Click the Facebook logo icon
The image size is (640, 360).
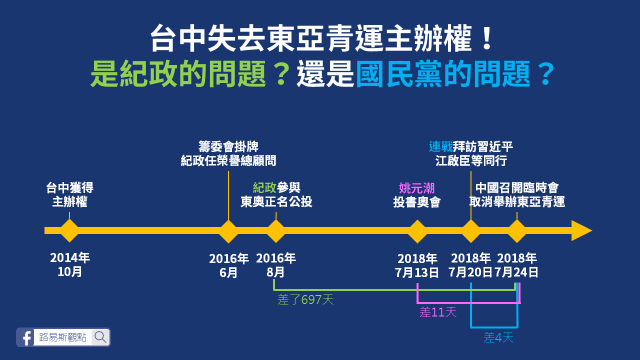point(25,337)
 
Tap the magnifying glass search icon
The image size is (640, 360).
point(100,337)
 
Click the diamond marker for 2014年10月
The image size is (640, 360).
point(69,230)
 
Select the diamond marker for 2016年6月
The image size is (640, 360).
point(228,230)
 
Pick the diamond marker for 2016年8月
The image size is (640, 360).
point(276,230)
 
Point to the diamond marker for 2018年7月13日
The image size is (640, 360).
point(417,230)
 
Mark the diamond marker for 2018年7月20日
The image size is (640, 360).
point(471,230)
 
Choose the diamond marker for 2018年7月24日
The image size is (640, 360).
point(517,230)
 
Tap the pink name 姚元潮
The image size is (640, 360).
point(417,188)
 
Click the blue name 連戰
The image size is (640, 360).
point(440,147)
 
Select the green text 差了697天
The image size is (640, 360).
point(305,300)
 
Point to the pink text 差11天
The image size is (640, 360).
point(438,312)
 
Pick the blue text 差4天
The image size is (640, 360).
point(498,338)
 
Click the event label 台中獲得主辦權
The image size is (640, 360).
point(69,195)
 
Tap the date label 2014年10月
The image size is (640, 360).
point(69,265)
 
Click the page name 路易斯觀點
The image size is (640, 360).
point(62,337)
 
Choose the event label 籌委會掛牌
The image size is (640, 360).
point(228,147)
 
